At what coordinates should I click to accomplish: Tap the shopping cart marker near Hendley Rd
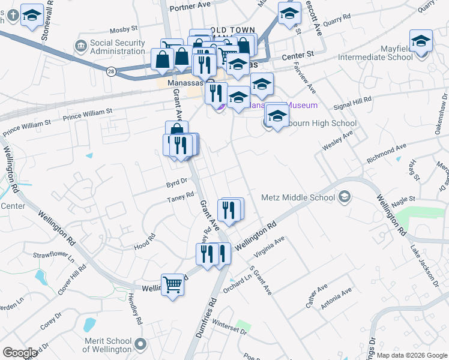coord(172,284)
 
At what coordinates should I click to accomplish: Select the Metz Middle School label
coord(298,197)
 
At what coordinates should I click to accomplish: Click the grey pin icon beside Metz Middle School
coord(345,196)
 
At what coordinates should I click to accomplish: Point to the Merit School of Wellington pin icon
coord(140,344)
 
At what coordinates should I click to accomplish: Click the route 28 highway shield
coord(112,71)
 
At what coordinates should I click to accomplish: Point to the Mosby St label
coord(124,28)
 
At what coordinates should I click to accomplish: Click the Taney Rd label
coord(181,196)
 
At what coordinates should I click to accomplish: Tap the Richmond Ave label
coord(387,149)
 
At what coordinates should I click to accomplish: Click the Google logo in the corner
coord(20,353)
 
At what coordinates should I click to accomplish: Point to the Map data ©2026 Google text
coord(411,355)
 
